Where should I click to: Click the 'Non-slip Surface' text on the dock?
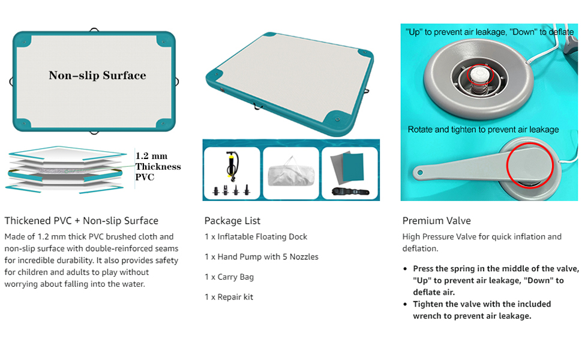coord(97,76)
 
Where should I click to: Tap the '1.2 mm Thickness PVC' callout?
coord(157,166)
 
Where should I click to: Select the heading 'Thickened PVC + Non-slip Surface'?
coord(82,220)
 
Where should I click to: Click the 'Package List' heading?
coord(232,220)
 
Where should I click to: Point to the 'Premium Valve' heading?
coord(436,220)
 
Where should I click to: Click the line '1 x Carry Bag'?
coord(229,277)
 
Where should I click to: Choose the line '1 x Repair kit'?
coord(229,297)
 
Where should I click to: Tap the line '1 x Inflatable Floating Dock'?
coord(256,236)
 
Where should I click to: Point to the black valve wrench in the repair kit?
coord(348,192)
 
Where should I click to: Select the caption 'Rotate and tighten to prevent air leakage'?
coord(483,129)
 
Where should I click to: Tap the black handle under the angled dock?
coord(258,109)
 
